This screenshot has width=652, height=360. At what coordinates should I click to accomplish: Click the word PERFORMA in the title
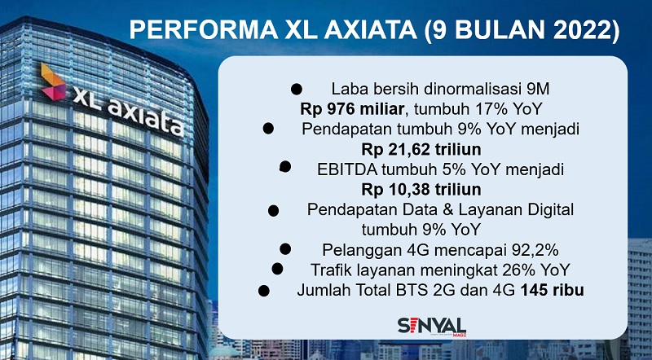203,30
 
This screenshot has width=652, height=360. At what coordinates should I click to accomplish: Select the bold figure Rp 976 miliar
352,109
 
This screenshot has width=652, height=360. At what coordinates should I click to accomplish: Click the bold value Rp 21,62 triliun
421,149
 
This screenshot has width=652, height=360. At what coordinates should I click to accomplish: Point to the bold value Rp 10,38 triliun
421,190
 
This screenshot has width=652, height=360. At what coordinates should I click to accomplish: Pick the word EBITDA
347,169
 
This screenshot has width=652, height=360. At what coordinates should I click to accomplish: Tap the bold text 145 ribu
553,290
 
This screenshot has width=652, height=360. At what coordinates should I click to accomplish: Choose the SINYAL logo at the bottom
432,327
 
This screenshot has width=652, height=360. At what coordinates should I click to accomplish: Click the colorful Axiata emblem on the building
54,82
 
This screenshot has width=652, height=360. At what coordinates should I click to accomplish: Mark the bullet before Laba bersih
297,89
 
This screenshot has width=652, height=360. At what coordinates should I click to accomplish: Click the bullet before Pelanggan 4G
285,249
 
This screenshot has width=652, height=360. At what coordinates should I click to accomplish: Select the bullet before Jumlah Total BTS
263,290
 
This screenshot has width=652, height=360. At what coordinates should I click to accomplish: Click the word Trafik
331,270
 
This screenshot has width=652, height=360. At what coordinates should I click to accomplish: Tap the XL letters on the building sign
87,99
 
